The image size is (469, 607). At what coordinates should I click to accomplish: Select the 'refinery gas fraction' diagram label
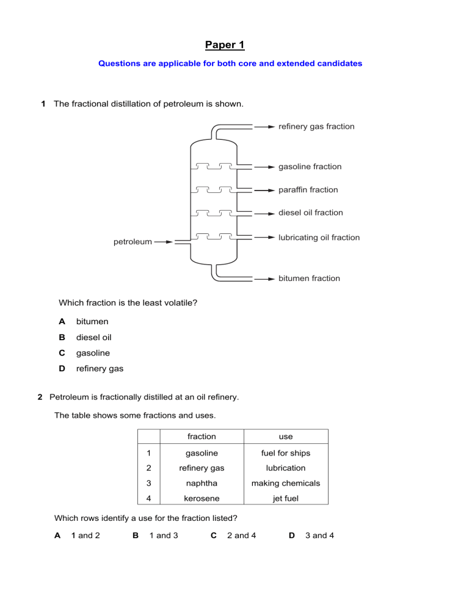[x=316, y=126]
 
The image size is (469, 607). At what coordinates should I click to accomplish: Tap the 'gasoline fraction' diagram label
[x=310, y=167]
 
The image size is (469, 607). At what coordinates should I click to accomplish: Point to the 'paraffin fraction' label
[x=308, y=190]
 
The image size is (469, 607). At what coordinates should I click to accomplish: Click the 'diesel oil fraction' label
[x=311, y=213]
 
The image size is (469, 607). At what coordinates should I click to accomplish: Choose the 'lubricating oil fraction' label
[x=319, y=238]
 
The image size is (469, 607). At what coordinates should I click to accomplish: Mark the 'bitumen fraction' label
[x=309, y=278]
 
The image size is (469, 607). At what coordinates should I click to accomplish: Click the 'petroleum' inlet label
[x=133, y=242]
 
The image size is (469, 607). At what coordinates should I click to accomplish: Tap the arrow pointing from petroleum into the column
[x=164, y=242]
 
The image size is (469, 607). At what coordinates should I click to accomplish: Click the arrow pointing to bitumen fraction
[x=264, y=278]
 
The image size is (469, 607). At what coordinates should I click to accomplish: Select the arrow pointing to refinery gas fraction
[x=264, y=127]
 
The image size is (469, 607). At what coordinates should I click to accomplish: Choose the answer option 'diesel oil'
[x=93, y=337]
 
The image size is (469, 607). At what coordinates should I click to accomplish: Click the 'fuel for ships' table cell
[x=286, y=453]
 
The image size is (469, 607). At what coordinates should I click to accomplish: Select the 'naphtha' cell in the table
[x=201, y=483]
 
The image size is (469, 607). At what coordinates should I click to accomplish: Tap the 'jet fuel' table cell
[x=286, y=498]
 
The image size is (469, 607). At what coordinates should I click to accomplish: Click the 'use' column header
[x=286, y=437]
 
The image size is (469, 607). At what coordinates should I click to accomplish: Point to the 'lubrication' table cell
[x=286, y=468]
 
